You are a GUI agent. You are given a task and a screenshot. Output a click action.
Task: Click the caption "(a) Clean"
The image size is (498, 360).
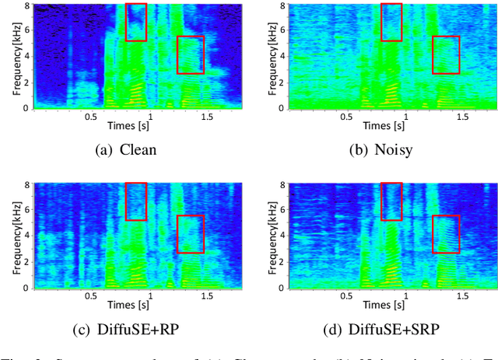(x=125, y=150)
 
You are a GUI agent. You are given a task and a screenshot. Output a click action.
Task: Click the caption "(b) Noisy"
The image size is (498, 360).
(x=381, y=150)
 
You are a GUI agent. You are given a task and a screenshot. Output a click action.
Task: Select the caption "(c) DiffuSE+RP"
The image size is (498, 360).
(x=125, y=329)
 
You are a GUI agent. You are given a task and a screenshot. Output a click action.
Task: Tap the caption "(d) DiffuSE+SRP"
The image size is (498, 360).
(x=381, y=329)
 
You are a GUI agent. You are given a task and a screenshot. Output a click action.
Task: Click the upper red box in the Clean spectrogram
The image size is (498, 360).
(x=135, y=22)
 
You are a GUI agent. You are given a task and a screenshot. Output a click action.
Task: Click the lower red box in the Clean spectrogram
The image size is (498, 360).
(x=191, y=54)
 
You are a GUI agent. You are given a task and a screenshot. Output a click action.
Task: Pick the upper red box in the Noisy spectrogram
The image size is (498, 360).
(x=391, y=22)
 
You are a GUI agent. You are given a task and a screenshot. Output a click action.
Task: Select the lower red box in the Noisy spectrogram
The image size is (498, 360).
(x=446, y=54)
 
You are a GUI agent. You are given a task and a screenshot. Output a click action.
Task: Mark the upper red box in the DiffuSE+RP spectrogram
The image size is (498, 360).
(x=135, y=201)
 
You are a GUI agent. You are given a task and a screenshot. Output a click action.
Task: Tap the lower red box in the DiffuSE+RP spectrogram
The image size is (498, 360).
(x=191, y=234)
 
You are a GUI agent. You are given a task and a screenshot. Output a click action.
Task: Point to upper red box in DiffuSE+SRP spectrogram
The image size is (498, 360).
(x=391, y=201)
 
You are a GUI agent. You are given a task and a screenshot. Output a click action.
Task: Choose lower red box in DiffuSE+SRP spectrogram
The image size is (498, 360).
(x=446, y=234)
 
